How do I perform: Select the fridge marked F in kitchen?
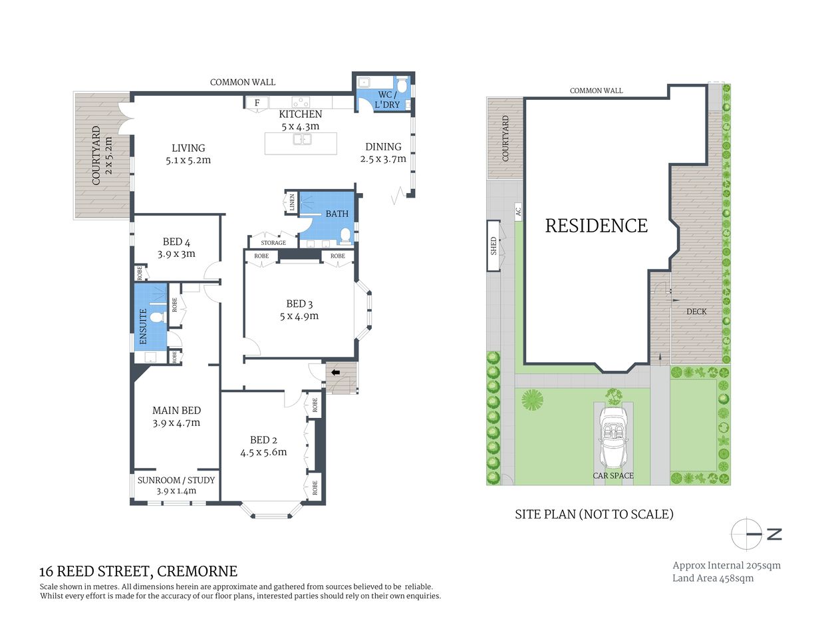257,103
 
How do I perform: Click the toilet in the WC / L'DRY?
402,87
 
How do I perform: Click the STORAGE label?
273,243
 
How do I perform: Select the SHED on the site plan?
493,246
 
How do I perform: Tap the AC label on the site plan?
518,212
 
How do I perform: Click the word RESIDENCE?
596,226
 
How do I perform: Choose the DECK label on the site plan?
696,312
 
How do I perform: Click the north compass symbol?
747,534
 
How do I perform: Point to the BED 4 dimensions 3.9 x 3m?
176,254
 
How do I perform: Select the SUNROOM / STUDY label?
176,480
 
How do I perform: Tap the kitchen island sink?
303,140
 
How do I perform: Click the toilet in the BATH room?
345,235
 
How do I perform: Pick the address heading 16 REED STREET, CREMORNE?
138,571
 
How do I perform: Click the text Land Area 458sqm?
713,578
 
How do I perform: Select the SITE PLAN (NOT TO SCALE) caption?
594,514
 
